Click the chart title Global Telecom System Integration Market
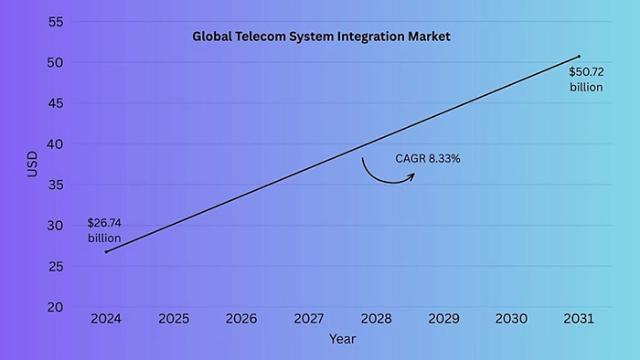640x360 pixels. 321,37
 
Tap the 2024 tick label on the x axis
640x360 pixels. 106,319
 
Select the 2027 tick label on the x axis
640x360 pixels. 309,319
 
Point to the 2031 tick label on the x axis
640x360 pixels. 579,319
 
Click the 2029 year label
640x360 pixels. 443,319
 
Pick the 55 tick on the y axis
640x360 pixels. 55,22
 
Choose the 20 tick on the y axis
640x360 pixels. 55,307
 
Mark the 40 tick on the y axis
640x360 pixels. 55,144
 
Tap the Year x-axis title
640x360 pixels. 343,339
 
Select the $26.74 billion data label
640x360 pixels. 104,230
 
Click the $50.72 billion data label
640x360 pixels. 586,79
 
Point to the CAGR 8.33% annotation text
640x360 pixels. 428,158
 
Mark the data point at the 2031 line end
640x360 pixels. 579,57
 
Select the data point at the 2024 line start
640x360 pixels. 106,251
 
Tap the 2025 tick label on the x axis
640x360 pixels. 174,319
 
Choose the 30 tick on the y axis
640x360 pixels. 55,226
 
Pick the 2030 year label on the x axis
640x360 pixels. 511,319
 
